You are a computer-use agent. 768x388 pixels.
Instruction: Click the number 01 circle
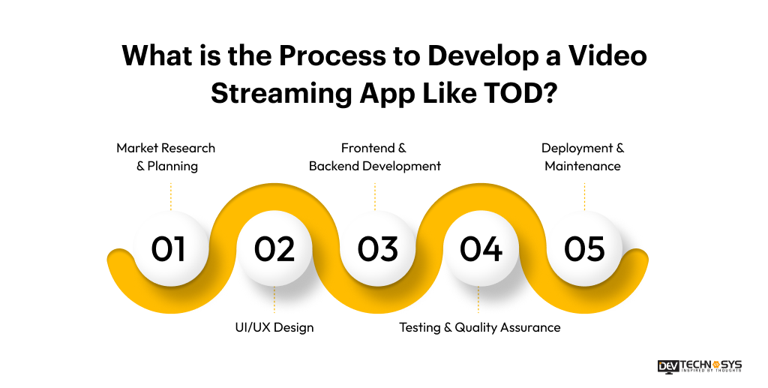170,249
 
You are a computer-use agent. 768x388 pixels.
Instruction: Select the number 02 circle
274,249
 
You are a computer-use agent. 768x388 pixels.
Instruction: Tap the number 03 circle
377,249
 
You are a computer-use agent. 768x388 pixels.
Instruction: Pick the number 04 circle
481,249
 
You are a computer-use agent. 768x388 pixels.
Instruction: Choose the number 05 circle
584,249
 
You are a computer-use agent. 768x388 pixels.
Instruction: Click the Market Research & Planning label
166,157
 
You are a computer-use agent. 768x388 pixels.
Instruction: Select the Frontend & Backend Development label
374,157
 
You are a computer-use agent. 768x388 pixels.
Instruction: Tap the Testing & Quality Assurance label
479,327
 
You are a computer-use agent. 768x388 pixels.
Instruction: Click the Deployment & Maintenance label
583,157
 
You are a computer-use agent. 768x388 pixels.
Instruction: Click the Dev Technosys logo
699,365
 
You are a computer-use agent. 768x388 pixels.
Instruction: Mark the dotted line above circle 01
171,195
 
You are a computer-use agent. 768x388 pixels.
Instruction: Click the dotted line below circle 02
274,302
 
